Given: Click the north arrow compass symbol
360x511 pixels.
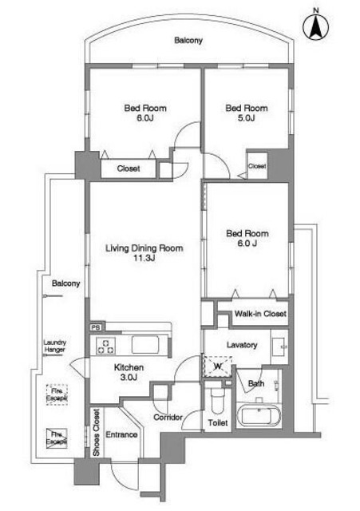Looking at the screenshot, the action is click(x=315, y=26).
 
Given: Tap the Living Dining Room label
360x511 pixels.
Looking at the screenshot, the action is click(x=144, y=253).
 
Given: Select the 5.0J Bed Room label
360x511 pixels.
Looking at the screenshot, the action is click(x=247, y=113).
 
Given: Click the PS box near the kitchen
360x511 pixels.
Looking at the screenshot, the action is click(x=96, y=327).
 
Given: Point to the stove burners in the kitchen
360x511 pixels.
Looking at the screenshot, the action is click(x=106, y=346).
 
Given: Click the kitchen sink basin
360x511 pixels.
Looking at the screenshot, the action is click(x=145, y=344).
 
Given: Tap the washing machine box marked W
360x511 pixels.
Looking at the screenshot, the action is click(x=218, y=366).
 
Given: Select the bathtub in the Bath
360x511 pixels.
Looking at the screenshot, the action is click(x=259, y=415).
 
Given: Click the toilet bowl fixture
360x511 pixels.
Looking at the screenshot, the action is click(x=216, y=398).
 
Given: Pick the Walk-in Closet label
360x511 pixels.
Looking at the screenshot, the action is click(x=260, y=314).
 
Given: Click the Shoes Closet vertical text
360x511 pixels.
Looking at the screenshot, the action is click(x=97, y=433).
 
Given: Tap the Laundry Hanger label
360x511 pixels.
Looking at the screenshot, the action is click(x=55, y=346).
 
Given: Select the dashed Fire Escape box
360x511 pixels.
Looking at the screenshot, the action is click(x=57, y=394).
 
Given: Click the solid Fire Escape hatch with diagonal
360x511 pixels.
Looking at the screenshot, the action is click(x=57, y=438).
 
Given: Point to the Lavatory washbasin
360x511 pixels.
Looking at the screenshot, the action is click(x=279, y=347).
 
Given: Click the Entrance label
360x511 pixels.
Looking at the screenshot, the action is click(x=121, y=434).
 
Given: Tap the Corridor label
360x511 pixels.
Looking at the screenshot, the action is click(x=168, y=417).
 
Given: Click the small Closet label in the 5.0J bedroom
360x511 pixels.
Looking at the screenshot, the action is click(x=257, y=166).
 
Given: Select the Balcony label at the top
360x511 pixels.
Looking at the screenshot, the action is click(x=188, y=41).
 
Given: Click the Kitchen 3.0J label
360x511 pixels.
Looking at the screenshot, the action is click(x=129, y=372).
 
